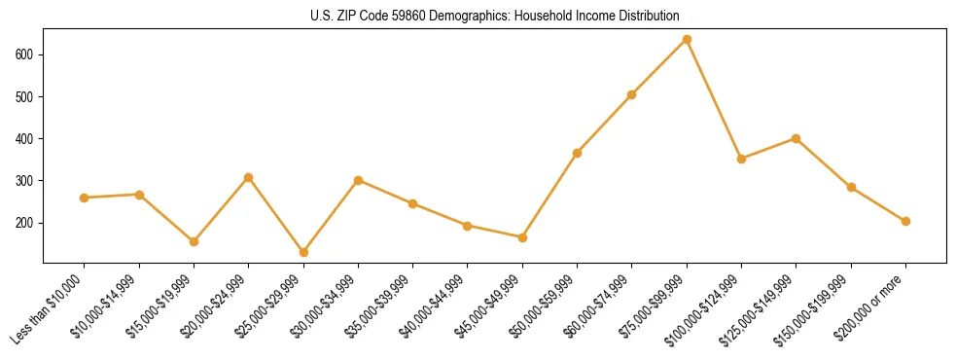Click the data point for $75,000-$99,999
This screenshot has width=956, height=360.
[x=687, y=40]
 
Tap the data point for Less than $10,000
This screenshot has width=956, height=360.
[x=85, y=198]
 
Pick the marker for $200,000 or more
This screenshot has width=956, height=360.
[x=905, y=221]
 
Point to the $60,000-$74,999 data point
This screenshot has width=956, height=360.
[x=632, y=94]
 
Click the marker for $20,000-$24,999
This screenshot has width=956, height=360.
[x=249, y=177]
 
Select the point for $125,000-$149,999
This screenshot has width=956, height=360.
[x=797, y=138]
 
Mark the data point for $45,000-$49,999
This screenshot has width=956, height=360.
[x=522, y=237]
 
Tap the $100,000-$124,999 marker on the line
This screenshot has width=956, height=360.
[x=741, y=159]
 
